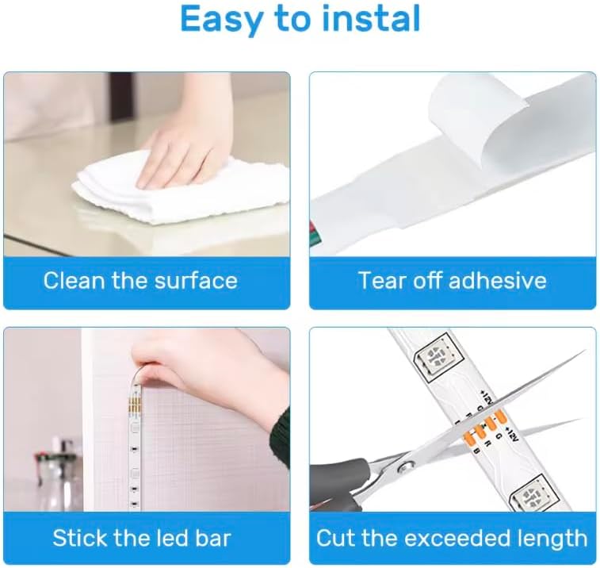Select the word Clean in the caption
coord(75,280)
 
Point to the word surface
coord(196,280)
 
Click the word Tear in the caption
coord(380,280)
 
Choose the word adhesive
coord(497,280)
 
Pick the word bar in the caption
coord(213,538)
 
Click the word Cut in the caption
coord(335,538)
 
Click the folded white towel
coord(180,191)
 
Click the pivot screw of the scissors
coord(404,466)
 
